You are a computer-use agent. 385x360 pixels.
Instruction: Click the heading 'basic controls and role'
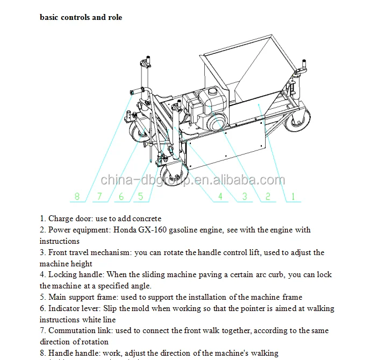pos(81,17)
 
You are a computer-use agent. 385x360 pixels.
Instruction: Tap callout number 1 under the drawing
pos(293,196)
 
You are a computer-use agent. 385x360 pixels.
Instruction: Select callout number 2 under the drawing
pos(268,196)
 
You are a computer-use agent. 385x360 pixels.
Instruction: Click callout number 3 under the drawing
pos(245,196)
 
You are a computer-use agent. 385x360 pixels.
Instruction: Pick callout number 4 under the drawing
pos(220,196)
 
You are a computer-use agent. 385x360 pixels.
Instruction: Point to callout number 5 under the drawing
pos(141,196)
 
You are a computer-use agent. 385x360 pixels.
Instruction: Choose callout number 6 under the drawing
pos(122,196)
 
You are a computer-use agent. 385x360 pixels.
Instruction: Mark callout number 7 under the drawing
pos(99,196)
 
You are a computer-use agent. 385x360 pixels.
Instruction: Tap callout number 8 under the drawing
pos(77,196)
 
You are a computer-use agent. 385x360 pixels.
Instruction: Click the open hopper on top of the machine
pos(242,70)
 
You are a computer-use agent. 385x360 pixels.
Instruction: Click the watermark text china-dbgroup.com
pos(192,180)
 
